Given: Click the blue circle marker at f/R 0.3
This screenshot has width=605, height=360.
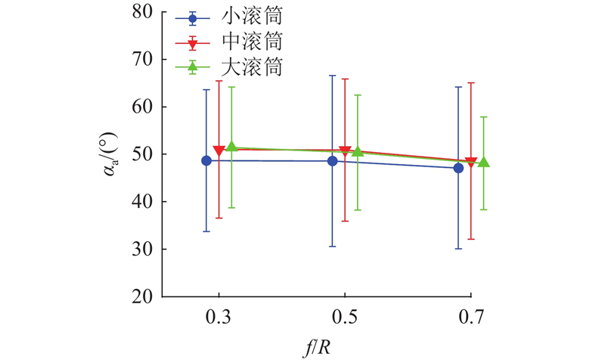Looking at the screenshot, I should (x=206, y=160).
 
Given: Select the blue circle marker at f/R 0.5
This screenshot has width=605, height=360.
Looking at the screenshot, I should (x=332, y=161).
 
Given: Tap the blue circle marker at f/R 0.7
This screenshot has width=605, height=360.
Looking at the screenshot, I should (x=458, y=168).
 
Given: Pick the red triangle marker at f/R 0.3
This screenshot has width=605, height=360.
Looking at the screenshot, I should (x=219, y=151).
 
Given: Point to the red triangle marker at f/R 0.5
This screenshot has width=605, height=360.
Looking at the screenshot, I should (x=345, y=152).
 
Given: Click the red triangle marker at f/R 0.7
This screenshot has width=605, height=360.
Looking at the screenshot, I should (x=470, y=163).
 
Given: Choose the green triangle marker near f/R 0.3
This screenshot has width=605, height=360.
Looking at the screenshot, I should (x=231, y=147).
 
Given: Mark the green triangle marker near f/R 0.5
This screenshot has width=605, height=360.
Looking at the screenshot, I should (x=358, y=151).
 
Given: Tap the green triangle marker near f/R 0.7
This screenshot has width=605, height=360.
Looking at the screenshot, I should (x=483, y=162).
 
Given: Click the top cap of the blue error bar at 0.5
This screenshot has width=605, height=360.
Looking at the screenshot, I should (x=332, y=76).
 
